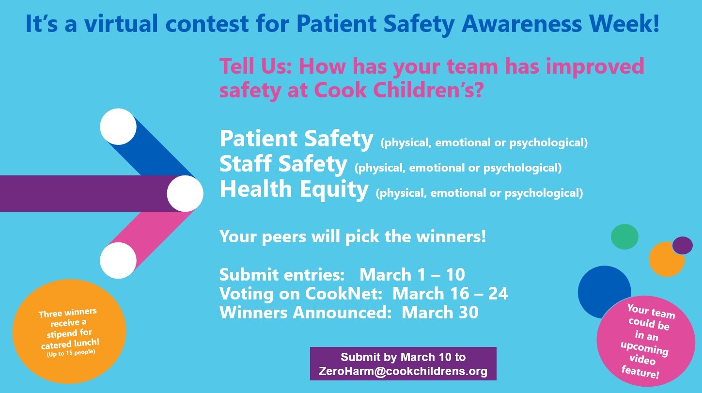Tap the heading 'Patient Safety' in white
click(296, 139)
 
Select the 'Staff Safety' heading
click(283, 164)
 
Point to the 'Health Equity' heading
click(294, 189)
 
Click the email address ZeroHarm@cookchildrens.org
click(403, 372)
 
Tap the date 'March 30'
click(440, 313)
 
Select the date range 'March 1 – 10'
click(412, 275)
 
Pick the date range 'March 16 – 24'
click(450, 294)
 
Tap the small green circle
click(624, 237)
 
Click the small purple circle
click(683, 245)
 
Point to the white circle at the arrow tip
click(185, 194)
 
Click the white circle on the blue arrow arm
click(118, 126)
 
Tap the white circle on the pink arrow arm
click(118, 260)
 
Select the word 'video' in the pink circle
click(645, 361)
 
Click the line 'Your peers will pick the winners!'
click(352, 237)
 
